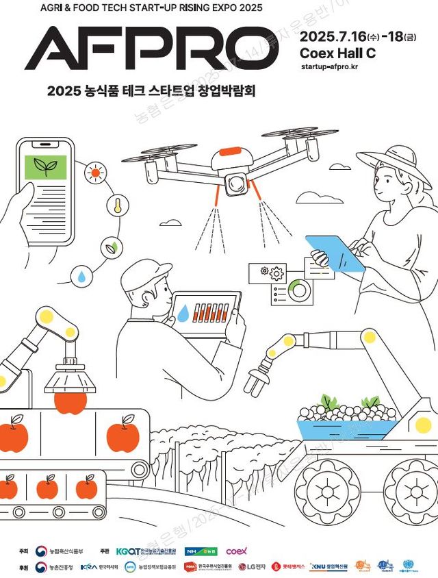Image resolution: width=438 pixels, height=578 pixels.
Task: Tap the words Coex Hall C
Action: click(338, 52)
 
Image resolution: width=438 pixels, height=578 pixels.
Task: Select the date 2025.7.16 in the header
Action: click(333, 35)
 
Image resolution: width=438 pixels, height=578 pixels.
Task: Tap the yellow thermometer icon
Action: click(117, 205)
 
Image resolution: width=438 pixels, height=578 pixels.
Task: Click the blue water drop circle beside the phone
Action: click(83, 276)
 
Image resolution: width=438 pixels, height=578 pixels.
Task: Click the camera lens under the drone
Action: click(237, 183)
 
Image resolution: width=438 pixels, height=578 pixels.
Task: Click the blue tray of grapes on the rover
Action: click(346, 428)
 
